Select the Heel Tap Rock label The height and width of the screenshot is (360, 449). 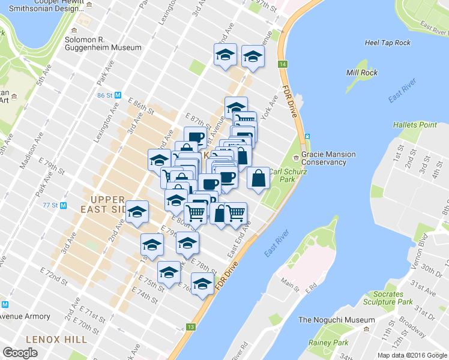[x=388, y=43]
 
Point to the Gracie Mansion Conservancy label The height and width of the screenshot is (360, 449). [x=328, y=158]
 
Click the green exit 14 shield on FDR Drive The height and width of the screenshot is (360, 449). [x=282, y=64]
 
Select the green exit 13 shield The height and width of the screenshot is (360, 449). [x=191, y=327]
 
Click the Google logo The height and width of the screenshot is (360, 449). [x=21, y=353]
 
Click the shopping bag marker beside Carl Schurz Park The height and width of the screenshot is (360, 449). [x=258, y=179]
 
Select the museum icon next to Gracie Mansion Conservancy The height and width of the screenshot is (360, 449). [x=296, y=158]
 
